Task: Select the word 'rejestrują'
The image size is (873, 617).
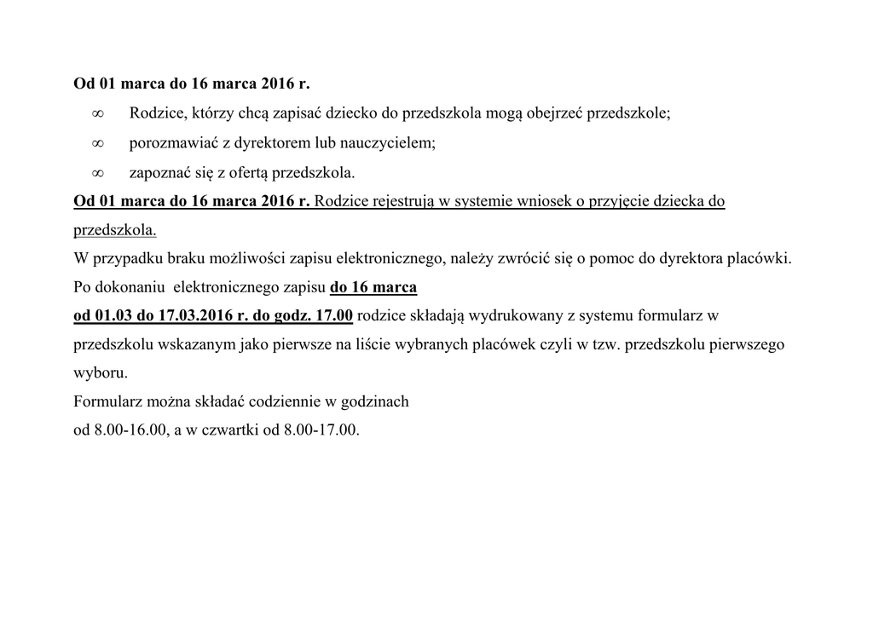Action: [400, 202]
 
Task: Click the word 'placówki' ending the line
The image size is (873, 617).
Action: [760, 258]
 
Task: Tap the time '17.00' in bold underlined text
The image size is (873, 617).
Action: [334, 315]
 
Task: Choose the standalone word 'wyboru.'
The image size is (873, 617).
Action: [101, 373]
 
